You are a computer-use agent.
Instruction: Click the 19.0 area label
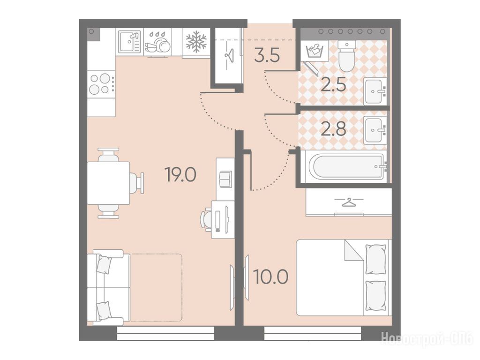pos(180,174)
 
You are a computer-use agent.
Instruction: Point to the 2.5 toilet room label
pos(333,84)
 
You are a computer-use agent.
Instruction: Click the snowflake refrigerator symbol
pos(196,42)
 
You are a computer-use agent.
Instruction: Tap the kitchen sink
pos(129,42)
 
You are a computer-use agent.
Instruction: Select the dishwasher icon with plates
pos(157,44)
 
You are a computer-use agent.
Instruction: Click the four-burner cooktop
pos(101,84)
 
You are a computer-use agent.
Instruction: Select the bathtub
pos(347,166)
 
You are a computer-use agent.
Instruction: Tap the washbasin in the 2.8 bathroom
pos(375,130)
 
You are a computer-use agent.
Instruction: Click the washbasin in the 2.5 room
pos(375,91)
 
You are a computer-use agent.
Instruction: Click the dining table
pos(108,183)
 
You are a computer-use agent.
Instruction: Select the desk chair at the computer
pos(206,218)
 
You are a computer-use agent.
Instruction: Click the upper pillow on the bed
pos(375,259)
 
